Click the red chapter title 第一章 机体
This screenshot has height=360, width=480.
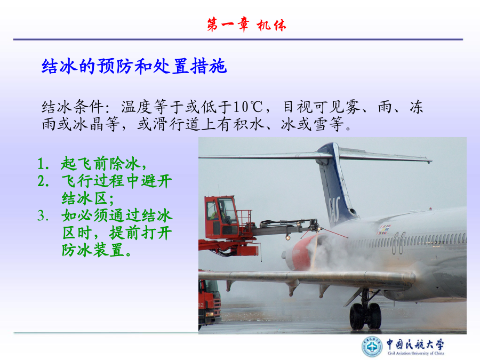point(246,25)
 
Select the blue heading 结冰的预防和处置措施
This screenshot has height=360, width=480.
point(134,66)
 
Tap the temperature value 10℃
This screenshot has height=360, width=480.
point(248,107)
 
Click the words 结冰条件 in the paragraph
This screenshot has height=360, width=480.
point(73,107)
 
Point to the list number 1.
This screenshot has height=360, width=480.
point(43,164)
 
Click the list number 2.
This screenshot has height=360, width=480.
point(43,181)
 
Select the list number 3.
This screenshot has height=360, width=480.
point(43,215)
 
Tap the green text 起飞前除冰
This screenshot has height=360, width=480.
point(100,164)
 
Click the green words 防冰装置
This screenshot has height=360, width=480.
point(93,250)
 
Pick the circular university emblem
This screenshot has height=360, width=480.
point(372,347)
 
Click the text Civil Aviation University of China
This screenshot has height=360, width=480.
point(415,353)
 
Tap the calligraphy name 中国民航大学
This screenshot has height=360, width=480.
point(415,344)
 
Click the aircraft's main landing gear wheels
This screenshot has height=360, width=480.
point(365,316)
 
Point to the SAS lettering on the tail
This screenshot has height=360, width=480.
point(334,210)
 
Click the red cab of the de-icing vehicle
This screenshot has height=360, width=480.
point(221,218)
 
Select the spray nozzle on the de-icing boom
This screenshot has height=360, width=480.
point(315,226)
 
